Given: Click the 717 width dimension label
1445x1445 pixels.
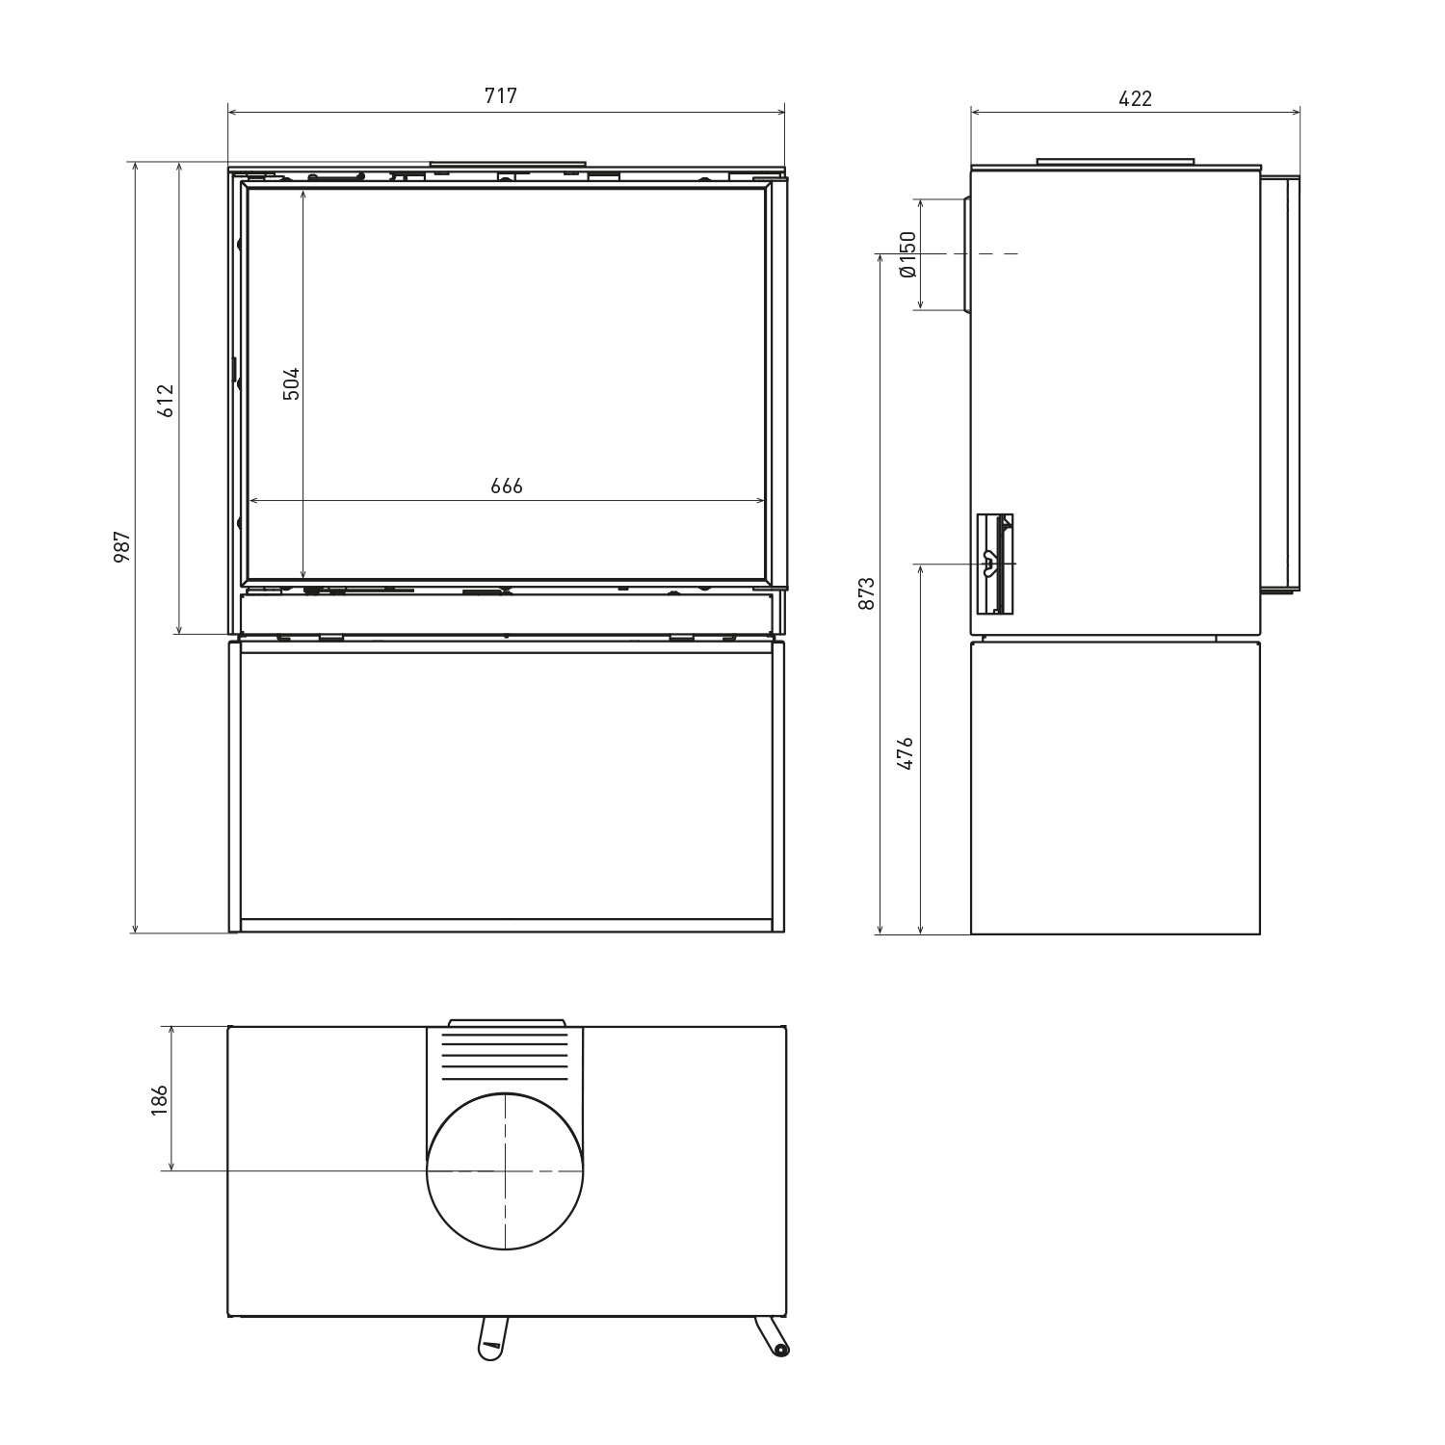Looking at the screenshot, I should tap(501, 96).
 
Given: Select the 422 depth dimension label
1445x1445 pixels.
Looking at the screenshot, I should tap(1135, 98).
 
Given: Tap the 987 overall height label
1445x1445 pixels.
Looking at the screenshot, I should tap(122, 546).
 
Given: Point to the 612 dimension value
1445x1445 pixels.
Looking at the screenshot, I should tap(166, 400).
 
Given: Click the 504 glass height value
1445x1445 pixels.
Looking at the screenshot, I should tap(291, 383).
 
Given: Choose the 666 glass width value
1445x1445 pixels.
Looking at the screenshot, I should tap(507, 486).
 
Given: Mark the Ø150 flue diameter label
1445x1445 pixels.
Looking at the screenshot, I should tap(906, 254).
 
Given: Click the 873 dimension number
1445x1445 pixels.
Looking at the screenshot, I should tap(867, 593).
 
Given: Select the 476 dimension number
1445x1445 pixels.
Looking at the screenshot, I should tap(905, 752).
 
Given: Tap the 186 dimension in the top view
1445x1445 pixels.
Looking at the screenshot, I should tap(159, 1099).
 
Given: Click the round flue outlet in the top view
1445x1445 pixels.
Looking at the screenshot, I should tap(505, 1171).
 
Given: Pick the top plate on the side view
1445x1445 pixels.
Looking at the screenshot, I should tap(1116, 161).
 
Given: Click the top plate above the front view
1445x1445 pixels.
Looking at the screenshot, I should tap(508, 165).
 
